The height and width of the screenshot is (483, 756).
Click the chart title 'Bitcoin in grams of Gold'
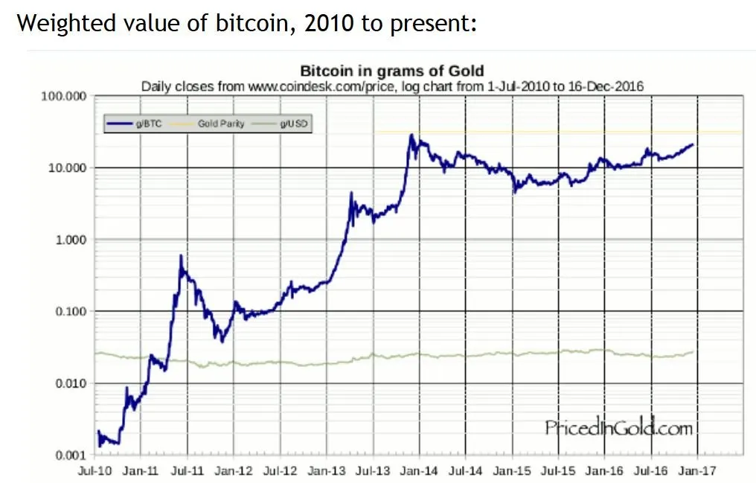click(x=391, y=71)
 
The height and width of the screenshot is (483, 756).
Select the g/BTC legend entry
click(x=150, y=124)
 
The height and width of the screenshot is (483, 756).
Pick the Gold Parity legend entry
click(x=220, y=124)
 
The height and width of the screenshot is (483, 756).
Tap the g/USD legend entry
click(x=291, y=124)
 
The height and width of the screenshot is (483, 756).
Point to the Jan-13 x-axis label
click(x=327, y=471)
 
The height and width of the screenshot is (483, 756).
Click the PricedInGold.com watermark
click(x=618, y=428)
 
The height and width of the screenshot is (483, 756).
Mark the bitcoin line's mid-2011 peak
click(x=181, y=256)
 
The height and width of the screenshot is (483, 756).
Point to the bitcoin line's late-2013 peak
click(x=411, y=135)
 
